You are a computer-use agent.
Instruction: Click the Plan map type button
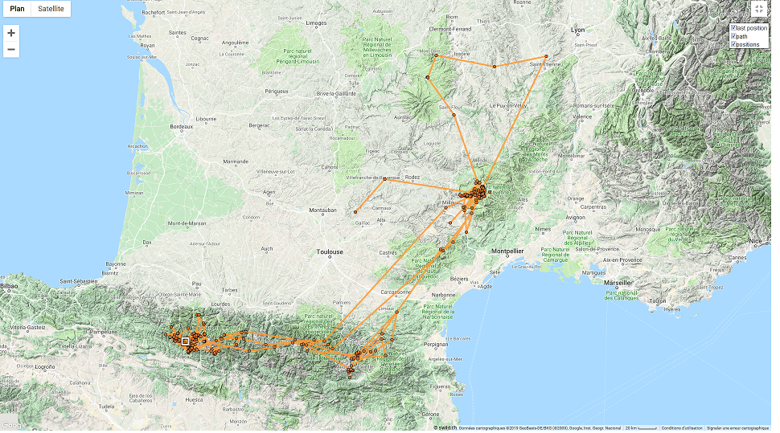pyautogui.click(x=16, y=9)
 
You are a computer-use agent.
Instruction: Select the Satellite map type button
pyautogui.click(x=51, y=9)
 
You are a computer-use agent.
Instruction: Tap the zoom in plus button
pyautogui.click(x=11, y=33)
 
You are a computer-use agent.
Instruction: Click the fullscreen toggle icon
pyautogui.click(x=759, y=9)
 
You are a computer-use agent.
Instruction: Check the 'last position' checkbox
pyautogui.click(x=733, y=28)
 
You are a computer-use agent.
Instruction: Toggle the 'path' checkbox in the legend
pyautogui.click(x=733, y=36)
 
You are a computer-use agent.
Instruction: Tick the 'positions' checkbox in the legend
pyautogui.click(x=733, y=44)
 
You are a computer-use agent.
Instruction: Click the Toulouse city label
pyautogui.click(x=330, y=251)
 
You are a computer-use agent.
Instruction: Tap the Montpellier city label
pyautogui.click(x=508, y=251)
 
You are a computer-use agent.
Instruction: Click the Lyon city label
pyautogui.click(x=577, y=30)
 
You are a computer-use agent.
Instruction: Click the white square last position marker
pyautogui.click(x=186, y=341)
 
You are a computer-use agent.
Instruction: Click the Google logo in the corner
pyautogui.click(x=14, y=425)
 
